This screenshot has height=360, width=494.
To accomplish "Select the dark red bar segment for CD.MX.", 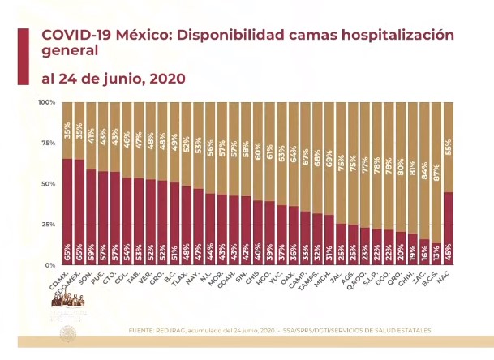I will pos(67,211).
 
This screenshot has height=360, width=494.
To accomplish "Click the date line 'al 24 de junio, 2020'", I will pos(113,79).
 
